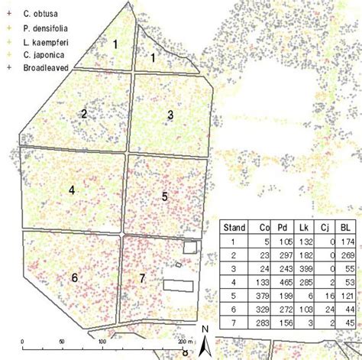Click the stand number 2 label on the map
point(84,114)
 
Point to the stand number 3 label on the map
point(170,115)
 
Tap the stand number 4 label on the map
point(71,190)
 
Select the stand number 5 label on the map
point(164,196)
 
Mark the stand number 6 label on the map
point(74,277)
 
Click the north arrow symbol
point(205,345)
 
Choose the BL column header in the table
point(347,227)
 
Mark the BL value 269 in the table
point(347,255)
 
